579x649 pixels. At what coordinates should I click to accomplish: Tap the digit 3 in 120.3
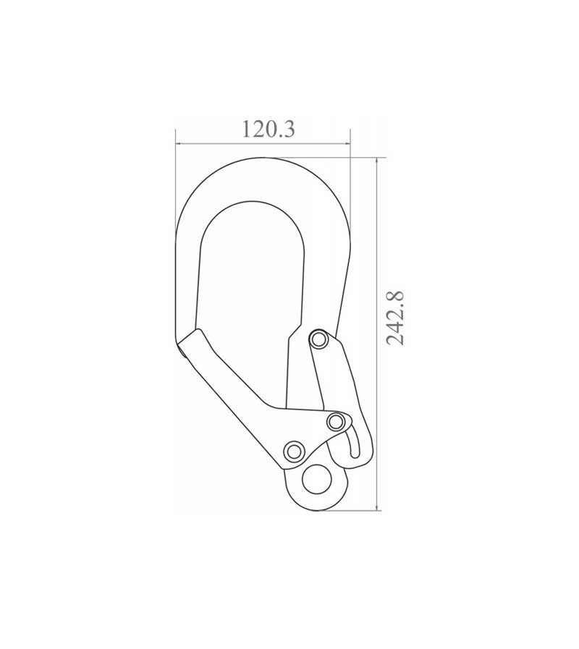coord(287,130)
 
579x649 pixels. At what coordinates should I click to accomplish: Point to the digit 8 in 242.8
coord(395,296)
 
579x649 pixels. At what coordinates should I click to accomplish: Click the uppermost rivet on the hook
coord(316,339)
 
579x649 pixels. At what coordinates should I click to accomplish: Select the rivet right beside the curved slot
coord(334,420)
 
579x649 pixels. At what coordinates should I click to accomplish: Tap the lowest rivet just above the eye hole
coord(293,451)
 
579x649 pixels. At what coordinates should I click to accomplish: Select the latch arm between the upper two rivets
coord(329,380)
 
